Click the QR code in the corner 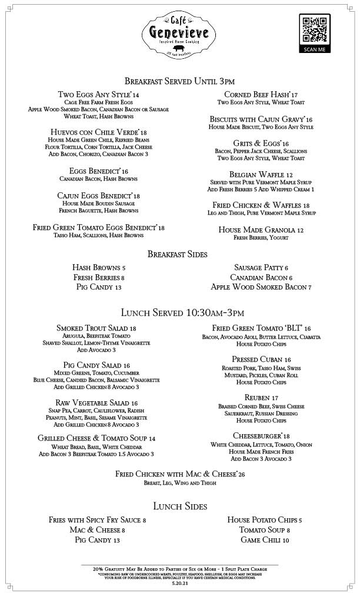point(314,31)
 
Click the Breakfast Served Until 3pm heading point(179,81)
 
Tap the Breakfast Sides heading point(177,254)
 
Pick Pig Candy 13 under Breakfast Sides point(98,287)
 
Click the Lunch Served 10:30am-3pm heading point(182,312)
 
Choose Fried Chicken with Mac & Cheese point(180,474)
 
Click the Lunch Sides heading point(180,506)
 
